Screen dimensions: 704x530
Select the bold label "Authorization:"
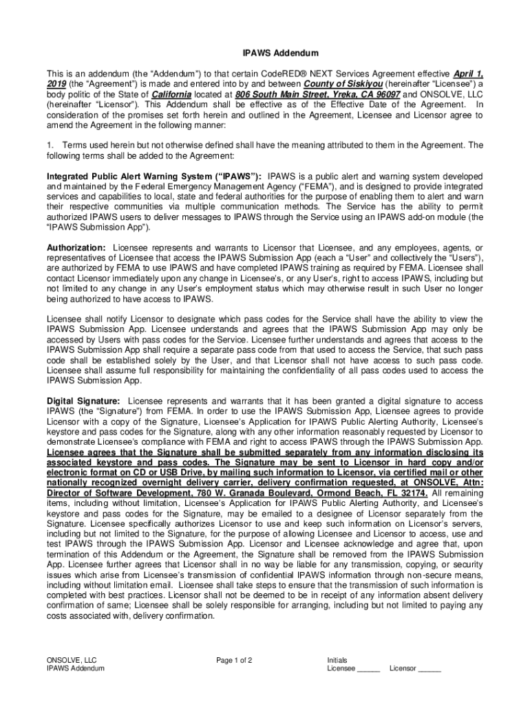tap(76, 247)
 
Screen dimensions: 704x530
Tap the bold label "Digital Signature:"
tap(83, 401)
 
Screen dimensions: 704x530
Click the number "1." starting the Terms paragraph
tap(51, 145)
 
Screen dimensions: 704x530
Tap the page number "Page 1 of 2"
tap(234, 661)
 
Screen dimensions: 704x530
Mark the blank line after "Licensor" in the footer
tap(430, 668)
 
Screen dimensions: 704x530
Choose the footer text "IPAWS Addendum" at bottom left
tap(76, 668)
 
